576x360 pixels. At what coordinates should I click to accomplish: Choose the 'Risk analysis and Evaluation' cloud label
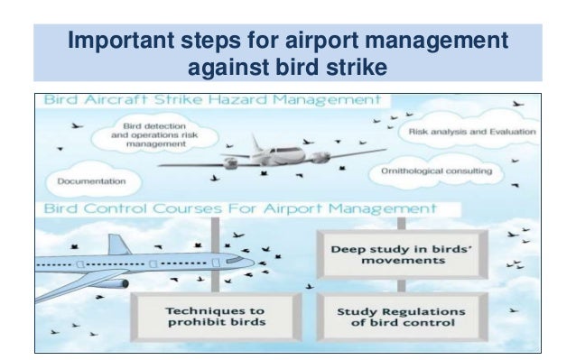pyautogui.click(x=472, y=132)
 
